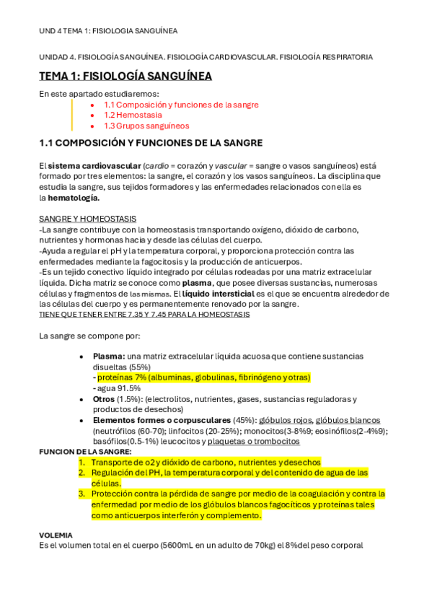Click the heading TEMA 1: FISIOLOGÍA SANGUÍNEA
tap(125, 76)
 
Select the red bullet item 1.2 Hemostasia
tap(133, 115)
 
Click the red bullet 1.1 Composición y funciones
tap(180, 105)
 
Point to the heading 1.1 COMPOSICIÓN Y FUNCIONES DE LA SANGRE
tap(151, 143)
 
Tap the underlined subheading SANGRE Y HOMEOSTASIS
tap(87, 219)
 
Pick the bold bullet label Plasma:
tap(109, 356)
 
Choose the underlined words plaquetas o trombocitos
tap(260, 441)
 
